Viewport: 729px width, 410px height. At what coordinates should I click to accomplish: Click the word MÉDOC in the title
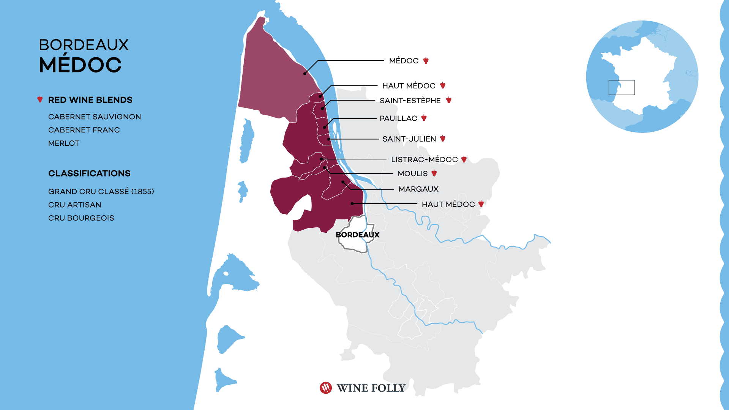pos(80,65)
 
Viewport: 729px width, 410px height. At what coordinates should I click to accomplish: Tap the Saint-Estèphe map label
pos(410,101)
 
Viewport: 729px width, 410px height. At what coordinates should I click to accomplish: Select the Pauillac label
pos(398,118)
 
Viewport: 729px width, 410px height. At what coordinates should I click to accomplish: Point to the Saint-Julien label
pos(409,139)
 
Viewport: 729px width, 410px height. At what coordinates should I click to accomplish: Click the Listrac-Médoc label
pos(424,159)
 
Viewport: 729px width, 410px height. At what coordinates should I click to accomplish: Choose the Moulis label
pos(412,173)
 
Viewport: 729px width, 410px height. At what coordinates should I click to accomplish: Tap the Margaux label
pos(418,189)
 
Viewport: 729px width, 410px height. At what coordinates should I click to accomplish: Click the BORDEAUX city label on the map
pos(357,235)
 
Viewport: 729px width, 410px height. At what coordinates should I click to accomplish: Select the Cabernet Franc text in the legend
pos(84,130)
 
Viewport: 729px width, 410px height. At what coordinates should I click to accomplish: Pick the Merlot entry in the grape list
pos(64,143)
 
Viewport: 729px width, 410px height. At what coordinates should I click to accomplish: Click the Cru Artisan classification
pos(75,205)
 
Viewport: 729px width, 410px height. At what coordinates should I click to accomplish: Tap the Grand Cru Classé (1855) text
pos(101,191)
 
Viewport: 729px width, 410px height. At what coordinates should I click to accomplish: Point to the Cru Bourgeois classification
pos(81,218)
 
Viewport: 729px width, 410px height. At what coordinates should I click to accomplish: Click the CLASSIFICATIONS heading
pos(89,173)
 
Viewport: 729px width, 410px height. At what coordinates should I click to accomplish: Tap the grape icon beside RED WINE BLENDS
pos(40,99)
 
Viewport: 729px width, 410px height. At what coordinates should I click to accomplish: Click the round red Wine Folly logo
pos(326,388)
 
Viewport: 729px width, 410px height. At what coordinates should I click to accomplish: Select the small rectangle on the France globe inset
pos(622,87)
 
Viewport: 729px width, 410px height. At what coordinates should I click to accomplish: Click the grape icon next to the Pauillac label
pos(424,118)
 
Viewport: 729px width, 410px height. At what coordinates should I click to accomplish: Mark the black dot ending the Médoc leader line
pos(305,74)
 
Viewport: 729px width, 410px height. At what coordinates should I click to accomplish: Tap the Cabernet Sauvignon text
pos(95,117)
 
